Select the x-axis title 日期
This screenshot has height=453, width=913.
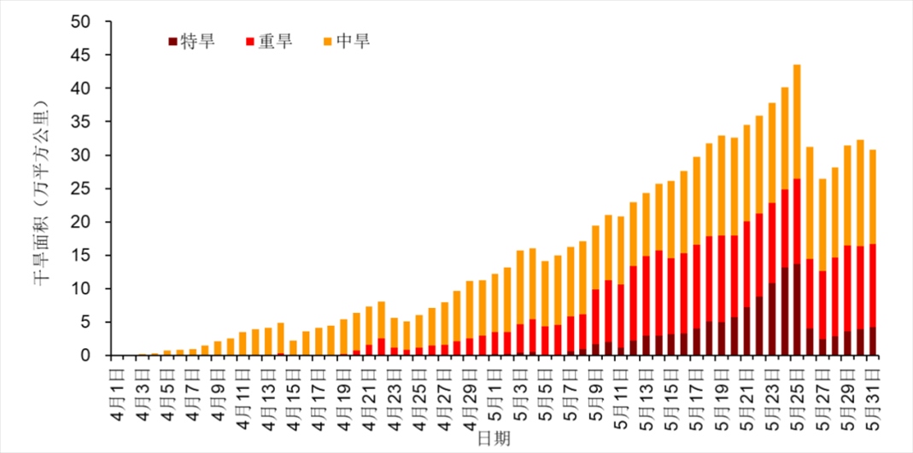pyautogui.click(x=494, y=437)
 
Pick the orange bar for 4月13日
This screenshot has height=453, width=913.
pyautogui.click(x=268, y=341)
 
